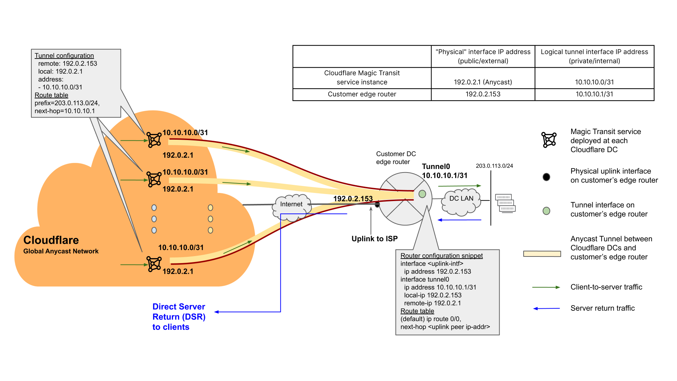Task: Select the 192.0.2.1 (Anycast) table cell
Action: tap(483, 82)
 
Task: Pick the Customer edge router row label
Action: tap(362, 94)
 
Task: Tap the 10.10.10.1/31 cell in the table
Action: tap(594, 94)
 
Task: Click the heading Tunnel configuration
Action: tap(64, 56)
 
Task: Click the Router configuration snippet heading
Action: tap(441, 256)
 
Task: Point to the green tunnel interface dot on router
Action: tap(422, 194)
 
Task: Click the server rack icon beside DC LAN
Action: tap(505, 203)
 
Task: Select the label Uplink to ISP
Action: tap(374, 239)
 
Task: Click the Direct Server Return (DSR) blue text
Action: tap(179, 316)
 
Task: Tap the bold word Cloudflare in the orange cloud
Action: tap(51, 240)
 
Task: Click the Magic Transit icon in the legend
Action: tap(549, 140)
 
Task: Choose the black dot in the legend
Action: tap(546, 177)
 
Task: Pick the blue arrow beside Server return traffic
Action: tap(546, 308)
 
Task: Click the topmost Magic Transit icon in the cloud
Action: tap(154, 140)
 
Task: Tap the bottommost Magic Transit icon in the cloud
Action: tap(154, 264)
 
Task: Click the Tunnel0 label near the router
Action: tap(436, 167)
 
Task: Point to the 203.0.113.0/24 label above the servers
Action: tap(494, 166)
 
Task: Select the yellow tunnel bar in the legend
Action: tap(542, 254)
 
